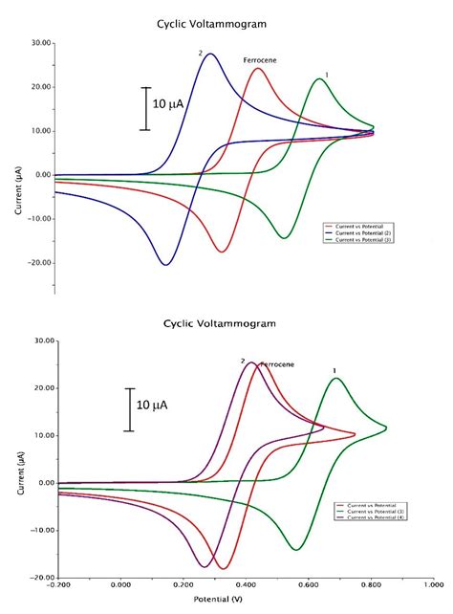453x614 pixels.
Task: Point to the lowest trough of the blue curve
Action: click(166, 264)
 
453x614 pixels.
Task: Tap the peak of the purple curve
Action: click(250, 362)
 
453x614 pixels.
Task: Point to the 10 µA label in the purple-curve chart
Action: click(152, 405)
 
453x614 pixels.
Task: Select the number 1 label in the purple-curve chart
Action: click(334, 370)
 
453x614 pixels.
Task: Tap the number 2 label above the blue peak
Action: click(201, 54)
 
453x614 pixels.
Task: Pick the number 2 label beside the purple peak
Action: click(243, 362)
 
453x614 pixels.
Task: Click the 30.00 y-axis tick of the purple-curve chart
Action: click(39, 340)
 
